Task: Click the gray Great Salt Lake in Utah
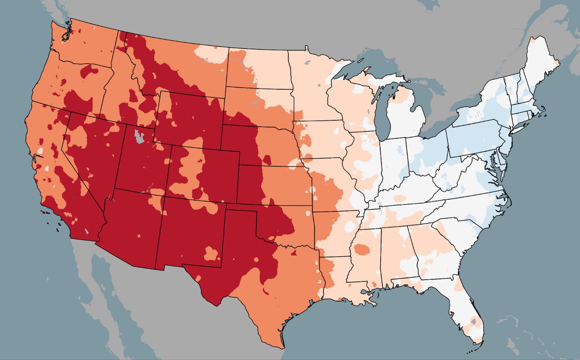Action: pos(140,137)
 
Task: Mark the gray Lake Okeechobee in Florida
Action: pos(474,321)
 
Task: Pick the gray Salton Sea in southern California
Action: pos(86,232)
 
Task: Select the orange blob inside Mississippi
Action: pos(362,249)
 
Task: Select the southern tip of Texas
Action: pos(282,346)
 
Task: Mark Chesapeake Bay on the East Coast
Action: pos(494,164)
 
